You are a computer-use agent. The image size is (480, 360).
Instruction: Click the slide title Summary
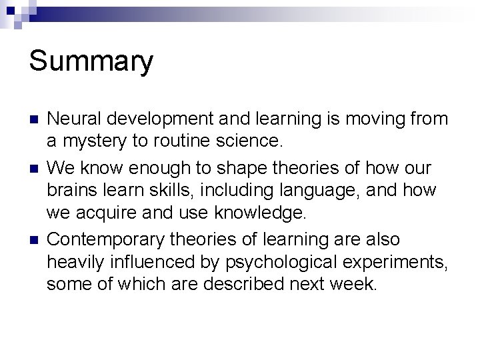91,61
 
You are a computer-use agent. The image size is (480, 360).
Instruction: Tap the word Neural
73,119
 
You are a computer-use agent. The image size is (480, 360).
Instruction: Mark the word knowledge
259,213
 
